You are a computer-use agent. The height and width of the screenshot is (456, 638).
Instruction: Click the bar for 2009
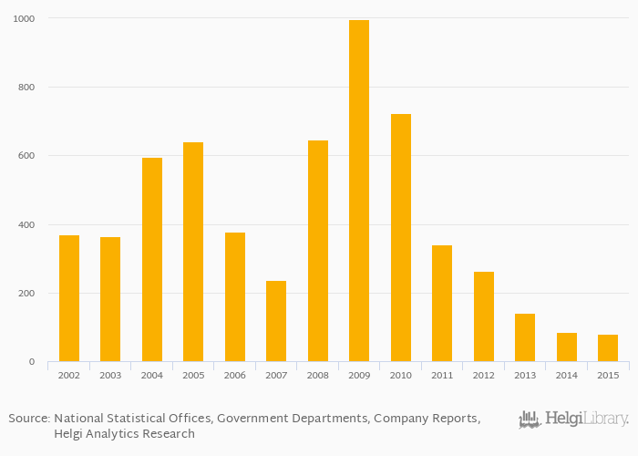coord(359,191)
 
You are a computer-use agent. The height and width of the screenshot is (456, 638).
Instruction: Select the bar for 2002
coord(69,298)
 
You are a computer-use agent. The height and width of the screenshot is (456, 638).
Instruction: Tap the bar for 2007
coord(276,321)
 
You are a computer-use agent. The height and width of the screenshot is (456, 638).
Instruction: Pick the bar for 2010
coord(401,237)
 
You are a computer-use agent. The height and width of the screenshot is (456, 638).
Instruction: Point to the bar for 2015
coord(608,347)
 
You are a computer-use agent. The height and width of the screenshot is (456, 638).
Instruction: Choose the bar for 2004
coord(152,259)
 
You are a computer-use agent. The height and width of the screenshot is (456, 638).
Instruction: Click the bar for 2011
coord(442,303)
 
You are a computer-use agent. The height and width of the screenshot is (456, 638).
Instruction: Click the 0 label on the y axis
coord(31,362)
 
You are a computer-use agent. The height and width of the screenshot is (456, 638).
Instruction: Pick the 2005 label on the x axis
coord(193,375)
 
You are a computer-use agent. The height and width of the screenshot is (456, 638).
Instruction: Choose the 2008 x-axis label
coord(318,375)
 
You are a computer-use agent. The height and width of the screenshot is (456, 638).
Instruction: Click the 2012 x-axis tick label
coord(483,375)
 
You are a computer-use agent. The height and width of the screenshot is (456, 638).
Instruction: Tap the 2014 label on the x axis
coord(566,375)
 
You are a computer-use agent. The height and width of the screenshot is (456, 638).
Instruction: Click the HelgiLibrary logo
coord(573,420)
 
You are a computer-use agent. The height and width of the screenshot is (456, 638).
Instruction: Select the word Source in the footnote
coord(28,418)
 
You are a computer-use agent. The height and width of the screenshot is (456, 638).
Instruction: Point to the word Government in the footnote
coord(260,418)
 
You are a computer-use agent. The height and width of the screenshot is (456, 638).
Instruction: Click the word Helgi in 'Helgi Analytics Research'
coord(71,433)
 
